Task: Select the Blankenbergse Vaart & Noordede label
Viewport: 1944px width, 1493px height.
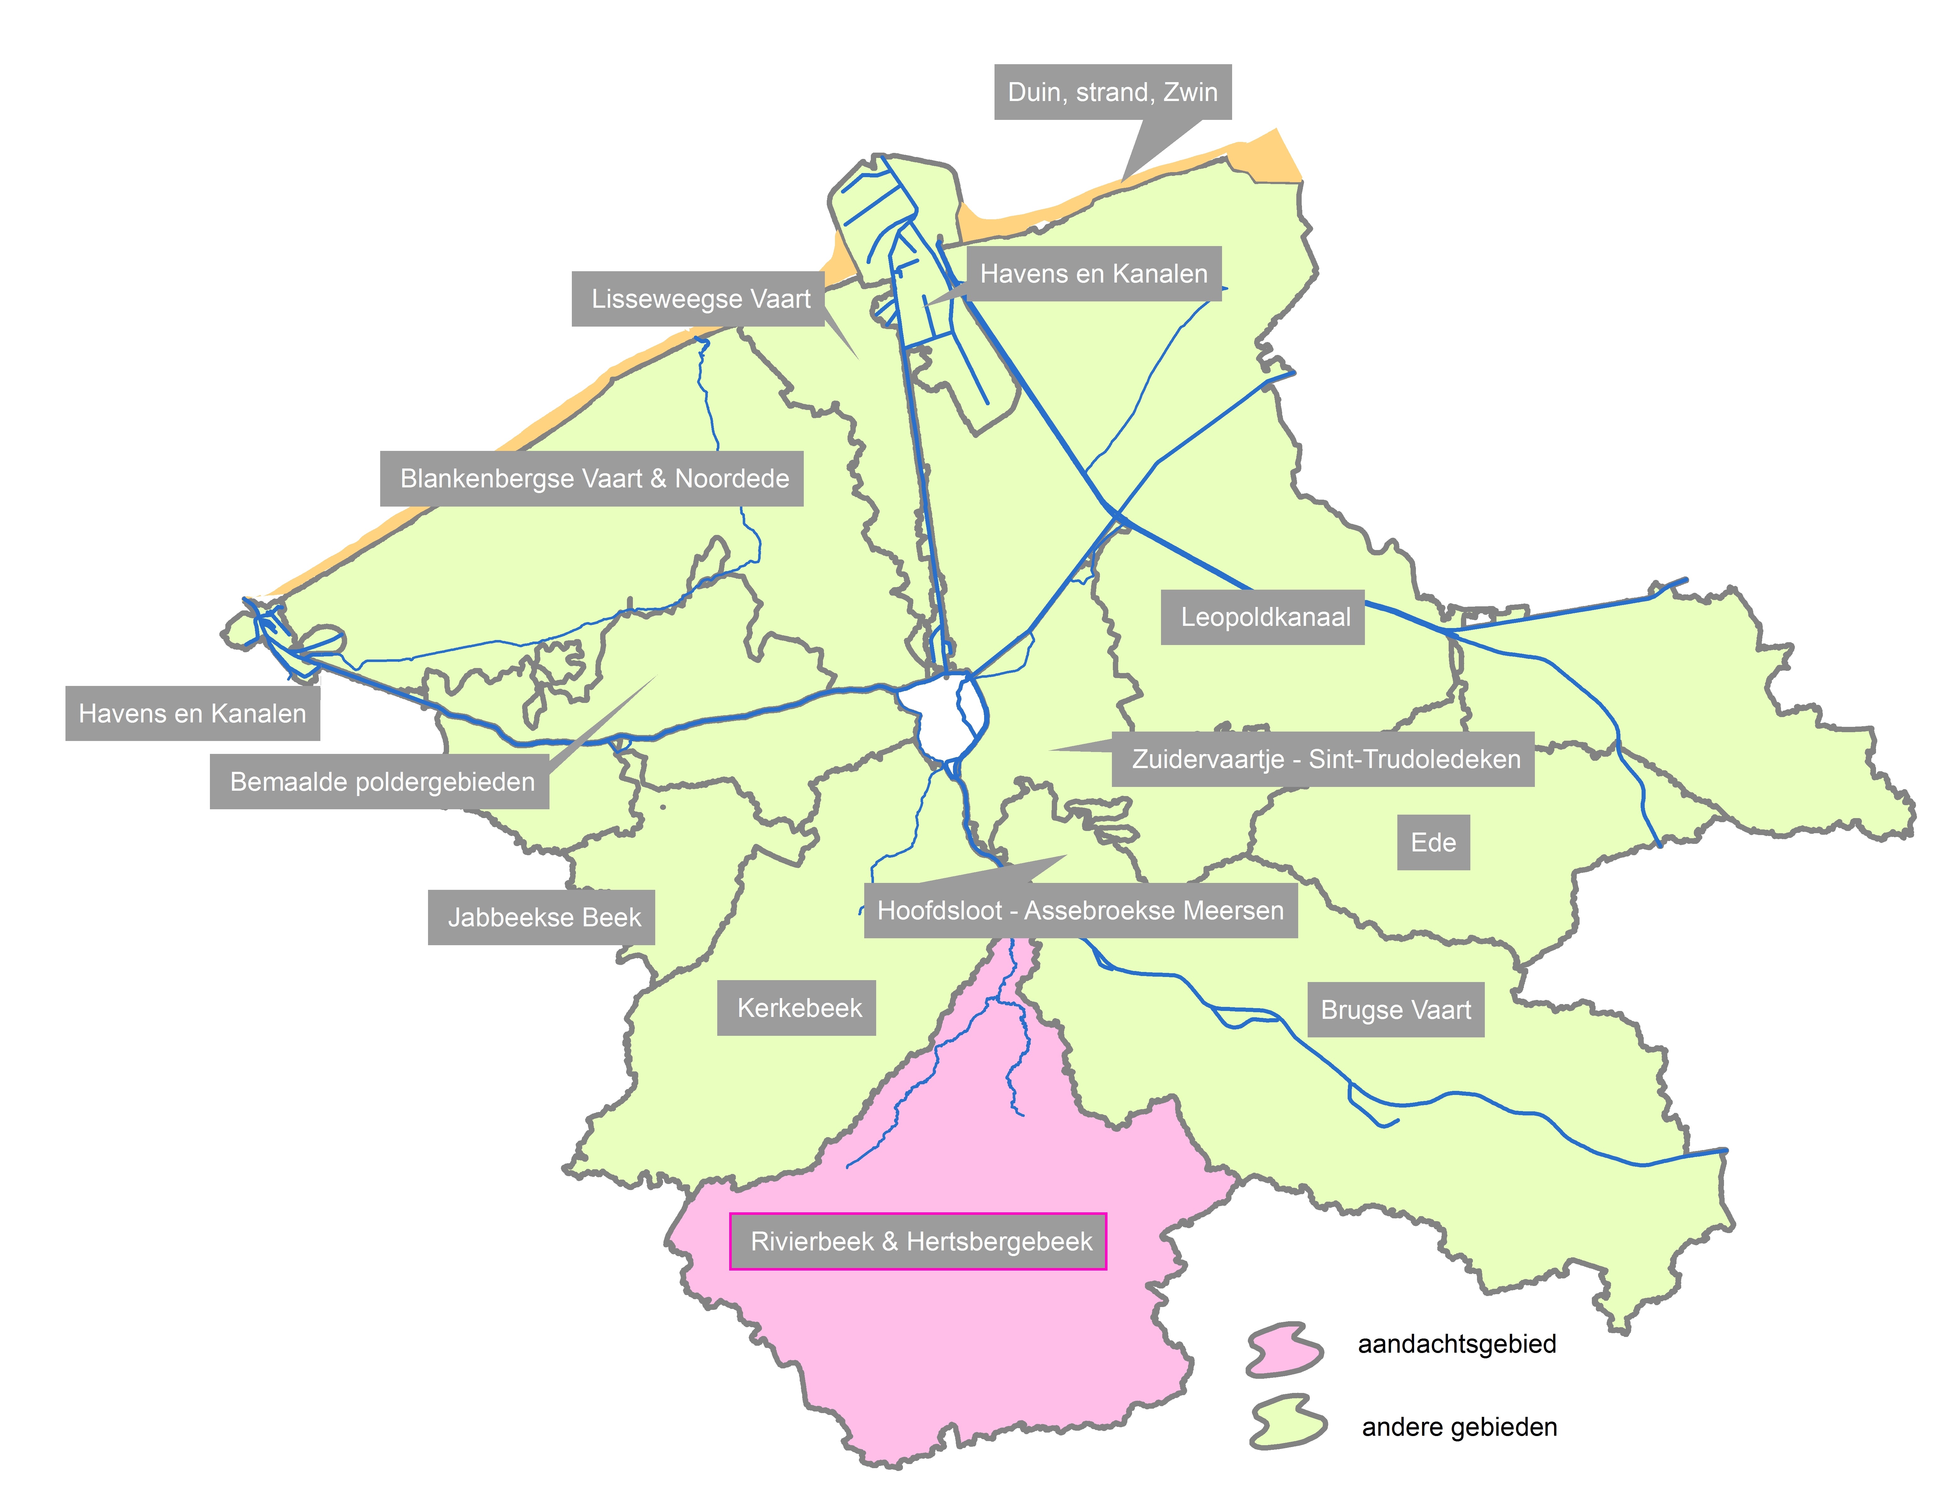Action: click(594, 479)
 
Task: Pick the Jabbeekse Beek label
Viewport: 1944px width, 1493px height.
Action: click(544, 917)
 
